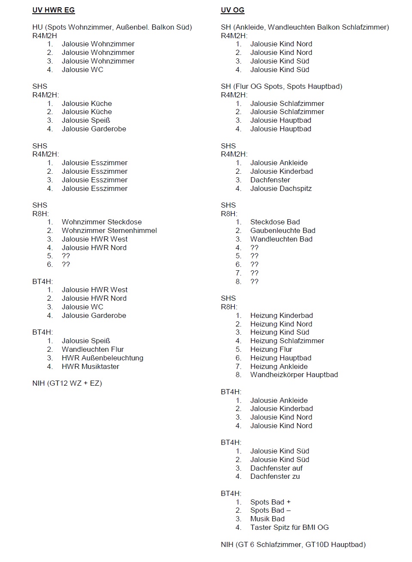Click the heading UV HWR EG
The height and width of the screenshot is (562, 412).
(54, 10)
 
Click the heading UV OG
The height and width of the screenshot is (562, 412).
(233, 10)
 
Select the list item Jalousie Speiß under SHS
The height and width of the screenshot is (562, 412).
(86, 120)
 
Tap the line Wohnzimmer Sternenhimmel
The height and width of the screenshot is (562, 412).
(109, 230)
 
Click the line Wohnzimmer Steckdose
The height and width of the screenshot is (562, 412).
(101, 222)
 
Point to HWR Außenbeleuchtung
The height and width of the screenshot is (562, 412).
(102, 358)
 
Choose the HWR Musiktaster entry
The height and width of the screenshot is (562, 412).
(90, 366)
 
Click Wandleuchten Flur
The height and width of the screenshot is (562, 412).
(92, 349)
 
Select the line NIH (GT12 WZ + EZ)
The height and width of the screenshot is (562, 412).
(67, 383)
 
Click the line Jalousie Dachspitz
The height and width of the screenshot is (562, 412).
(281, 188)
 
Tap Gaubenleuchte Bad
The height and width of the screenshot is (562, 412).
(282, 230)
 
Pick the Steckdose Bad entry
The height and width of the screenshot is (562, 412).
(275, 222)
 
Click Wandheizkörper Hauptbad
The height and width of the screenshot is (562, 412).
(294, 375)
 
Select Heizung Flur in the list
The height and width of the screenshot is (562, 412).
(271, 349)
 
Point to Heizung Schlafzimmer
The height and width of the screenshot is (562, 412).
(287, 341)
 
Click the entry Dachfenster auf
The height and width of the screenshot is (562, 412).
(276, 468)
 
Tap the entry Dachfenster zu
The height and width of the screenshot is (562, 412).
(275, 476)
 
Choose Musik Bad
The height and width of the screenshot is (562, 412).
(267, 519)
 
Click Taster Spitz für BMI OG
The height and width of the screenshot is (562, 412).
(289, 527)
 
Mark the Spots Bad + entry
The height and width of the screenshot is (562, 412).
(270, 502)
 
